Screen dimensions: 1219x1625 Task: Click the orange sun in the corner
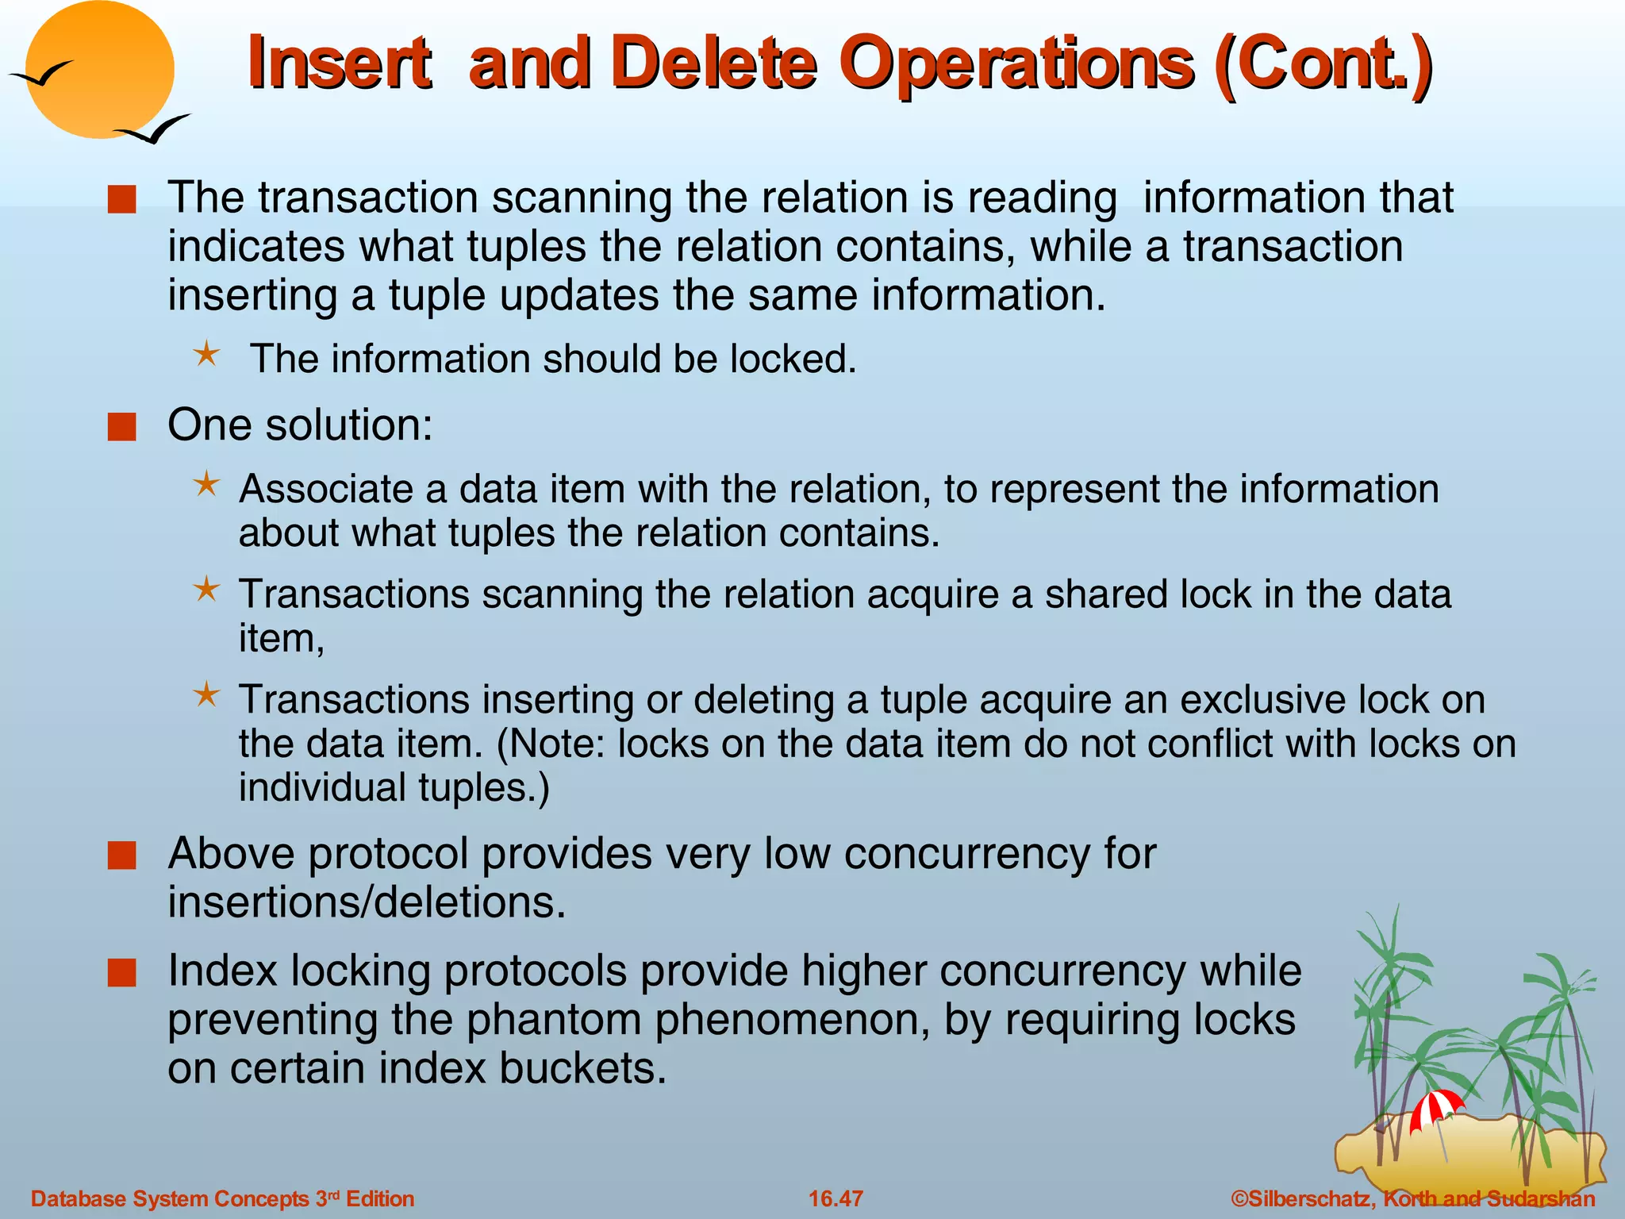tap(99, 70)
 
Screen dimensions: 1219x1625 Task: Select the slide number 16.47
tap(836, 1198)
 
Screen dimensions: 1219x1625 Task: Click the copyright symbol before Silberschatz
tap(1239, 1198)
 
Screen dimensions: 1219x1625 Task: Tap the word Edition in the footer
tap(380, 1198)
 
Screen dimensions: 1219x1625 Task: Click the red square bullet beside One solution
tap(122, 427)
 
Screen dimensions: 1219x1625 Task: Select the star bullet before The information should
tap(206, 354)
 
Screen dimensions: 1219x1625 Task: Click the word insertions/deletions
tap(367, 902)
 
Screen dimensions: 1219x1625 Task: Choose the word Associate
tap(326, 489)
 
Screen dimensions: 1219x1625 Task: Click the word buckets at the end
tap(582, 1068)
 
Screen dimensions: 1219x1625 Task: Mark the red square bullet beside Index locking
tap(122, 972)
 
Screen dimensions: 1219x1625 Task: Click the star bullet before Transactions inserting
tap(206, 695)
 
